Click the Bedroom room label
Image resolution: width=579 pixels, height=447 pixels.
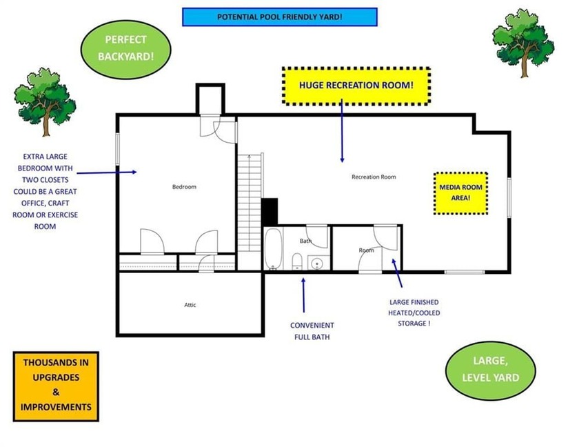pyautogui.click(x=184, y=187)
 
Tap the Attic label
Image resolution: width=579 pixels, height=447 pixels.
pyautogui.click(x=190, y=305)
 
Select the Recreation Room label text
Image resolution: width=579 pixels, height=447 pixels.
pyautogui.click(x=374, y=177)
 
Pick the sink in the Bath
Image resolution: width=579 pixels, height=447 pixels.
pyautogui.click(x=316, y=263)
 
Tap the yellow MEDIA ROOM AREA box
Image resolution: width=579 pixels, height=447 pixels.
pyautogui.click(x=460, y=193)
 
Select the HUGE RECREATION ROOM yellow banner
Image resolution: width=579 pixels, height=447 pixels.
pyautogui.click(x=356, y=86)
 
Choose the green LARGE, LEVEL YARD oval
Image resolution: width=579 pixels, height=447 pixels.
pyautogui.click(x=490, y=369)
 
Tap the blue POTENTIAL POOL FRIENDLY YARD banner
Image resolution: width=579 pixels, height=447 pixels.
pyautogui.click(x=279, y=17)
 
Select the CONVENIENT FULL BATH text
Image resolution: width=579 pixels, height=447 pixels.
pyautogui.click(x=312, y=331)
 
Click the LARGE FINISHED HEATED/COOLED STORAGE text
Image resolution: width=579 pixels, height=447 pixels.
pyautogui.click(x=414, y=312)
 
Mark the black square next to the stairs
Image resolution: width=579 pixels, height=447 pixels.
pyautogui.click(x=270, y=212)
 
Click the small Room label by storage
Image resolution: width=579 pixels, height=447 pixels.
pyautogui.click(x=366, y=250)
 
